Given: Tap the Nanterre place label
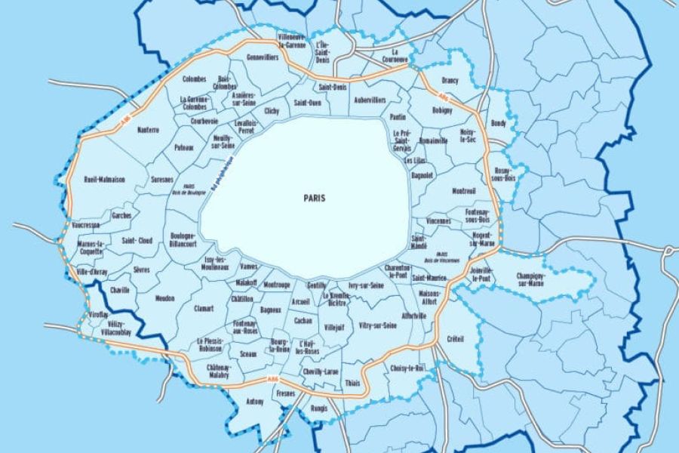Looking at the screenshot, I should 149,130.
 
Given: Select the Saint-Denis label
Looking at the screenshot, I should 333,87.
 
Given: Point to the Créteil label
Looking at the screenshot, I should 455,338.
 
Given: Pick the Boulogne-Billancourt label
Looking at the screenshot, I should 183,239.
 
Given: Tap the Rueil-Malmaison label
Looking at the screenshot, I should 105,180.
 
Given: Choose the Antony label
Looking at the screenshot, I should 256,402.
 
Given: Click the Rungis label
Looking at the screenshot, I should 320,408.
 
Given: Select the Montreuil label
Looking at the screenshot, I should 463,191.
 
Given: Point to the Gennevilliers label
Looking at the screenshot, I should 262,57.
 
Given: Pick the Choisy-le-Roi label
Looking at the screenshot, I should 408,368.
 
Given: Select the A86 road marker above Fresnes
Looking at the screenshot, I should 272,380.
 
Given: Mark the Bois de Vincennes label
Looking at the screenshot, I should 442,257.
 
